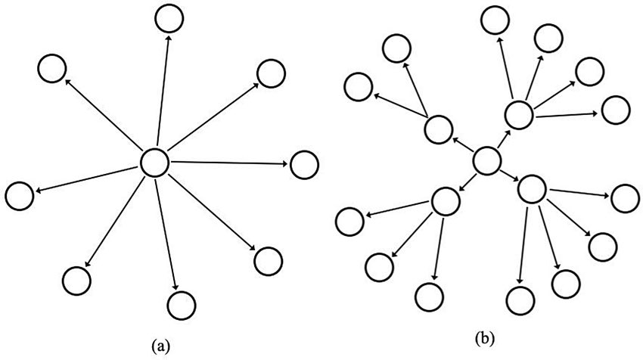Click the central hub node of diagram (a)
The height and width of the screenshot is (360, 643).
pos(154,162)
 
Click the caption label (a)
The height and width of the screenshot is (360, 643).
pos(160,346)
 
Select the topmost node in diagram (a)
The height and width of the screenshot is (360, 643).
pos(168,17)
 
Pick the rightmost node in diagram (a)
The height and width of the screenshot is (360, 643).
pos(303,164)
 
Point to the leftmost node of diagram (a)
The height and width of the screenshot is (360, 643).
pos(19,196)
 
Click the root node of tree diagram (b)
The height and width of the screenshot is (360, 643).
pos(486,160)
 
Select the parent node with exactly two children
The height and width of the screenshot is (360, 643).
pos(438,129)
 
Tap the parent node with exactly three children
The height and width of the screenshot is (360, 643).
pos(446,201)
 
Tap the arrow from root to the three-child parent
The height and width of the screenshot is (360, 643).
pos(466,181)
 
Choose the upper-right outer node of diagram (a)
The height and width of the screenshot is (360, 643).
pos(271,73)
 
